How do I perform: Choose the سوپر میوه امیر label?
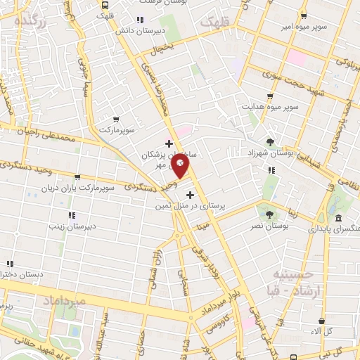click(x=302, y=27)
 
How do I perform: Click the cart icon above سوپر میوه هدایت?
click(x=270, y=96)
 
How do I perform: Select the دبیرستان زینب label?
click(x=71, y=226)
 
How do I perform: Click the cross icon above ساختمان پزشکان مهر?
click(x=169, y=143)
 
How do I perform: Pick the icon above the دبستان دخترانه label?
click(x=9, y=263)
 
